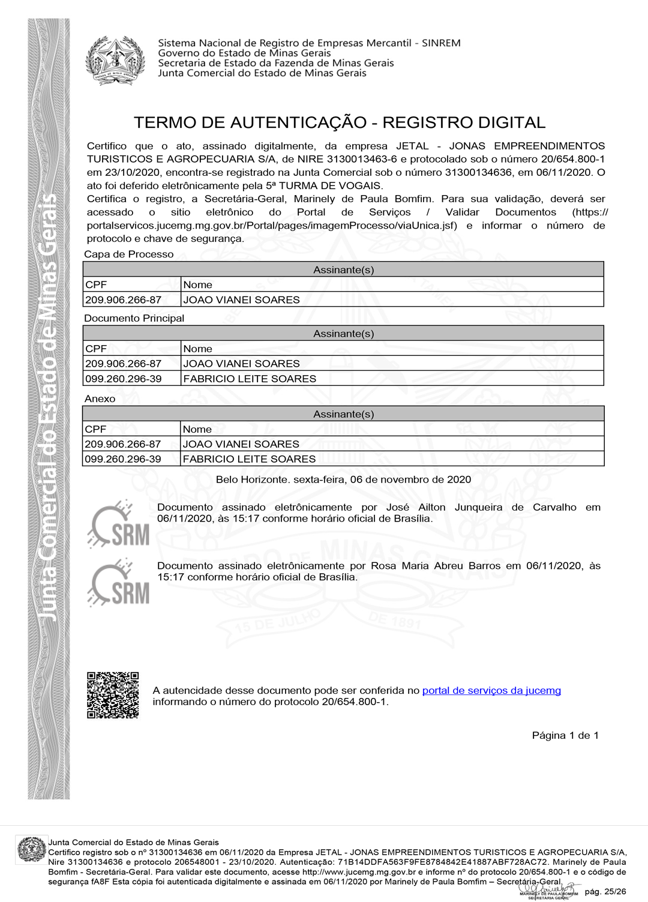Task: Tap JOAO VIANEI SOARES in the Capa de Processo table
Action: click(241, 299)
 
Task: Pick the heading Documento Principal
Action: click(134, 318)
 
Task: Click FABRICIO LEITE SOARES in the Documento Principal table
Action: click(250, 379)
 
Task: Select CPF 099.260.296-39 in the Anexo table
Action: click(123, 459)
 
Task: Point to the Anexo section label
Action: click(100, 398)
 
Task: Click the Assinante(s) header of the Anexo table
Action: click(343, 413)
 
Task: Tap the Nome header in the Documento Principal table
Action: click(197, 349)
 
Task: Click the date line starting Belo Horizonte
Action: click(343, 480)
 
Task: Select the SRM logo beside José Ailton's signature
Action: click(119, 524)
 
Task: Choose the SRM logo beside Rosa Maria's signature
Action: click(119, 583)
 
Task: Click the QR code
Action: click(113, 695)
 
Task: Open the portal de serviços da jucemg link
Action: click(491, 690)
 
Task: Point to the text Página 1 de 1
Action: click(565, 735)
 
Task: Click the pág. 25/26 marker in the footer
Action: click(605, 891)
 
